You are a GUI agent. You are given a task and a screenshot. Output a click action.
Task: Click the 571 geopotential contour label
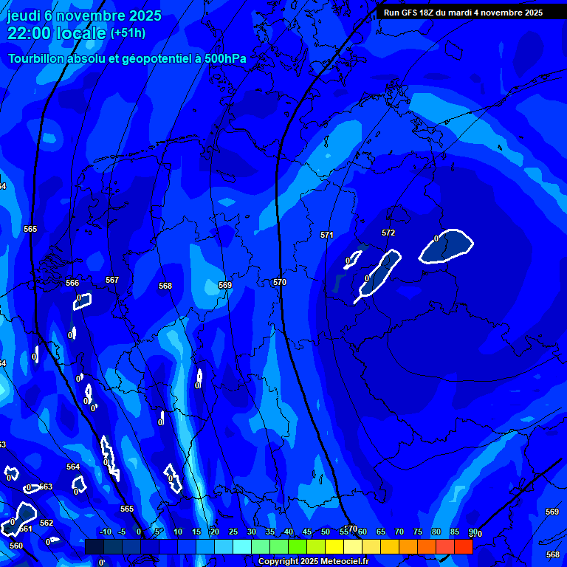[x=327, y=236]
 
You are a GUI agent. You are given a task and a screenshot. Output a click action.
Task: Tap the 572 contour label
[x=388, y=233]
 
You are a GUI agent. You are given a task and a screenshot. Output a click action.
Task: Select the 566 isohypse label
[x=72, y=283]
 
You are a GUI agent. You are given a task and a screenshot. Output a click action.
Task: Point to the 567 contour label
[x=112, y=280]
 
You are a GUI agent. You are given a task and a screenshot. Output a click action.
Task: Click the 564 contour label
[x=73, y=467]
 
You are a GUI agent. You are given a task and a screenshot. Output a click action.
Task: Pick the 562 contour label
[x=47, y=523]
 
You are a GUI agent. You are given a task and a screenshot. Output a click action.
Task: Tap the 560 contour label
[x=16, y=546]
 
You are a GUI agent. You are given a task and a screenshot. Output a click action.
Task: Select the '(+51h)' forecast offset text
[x=128, y=33]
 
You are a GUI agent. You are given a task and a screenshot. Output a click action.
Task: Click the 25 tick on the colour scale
[x=233, y=532]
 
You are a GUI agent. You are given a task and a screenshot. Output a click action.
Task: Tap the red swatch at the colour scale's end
[x=464, y=546]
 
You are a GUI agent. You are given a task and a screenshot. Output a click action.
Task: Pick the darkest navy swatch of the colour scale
[x=94, y=546]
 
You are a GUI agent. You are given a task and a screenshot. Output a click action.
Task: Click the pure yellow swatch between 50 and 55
[x=334, y=546]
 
